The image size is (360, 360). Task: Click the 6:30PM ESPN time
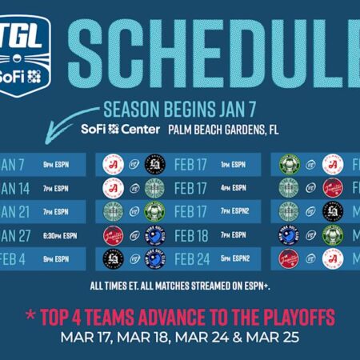pos(60,235)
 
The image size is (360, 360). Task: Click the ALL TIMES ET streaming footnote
pos(179,284)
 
